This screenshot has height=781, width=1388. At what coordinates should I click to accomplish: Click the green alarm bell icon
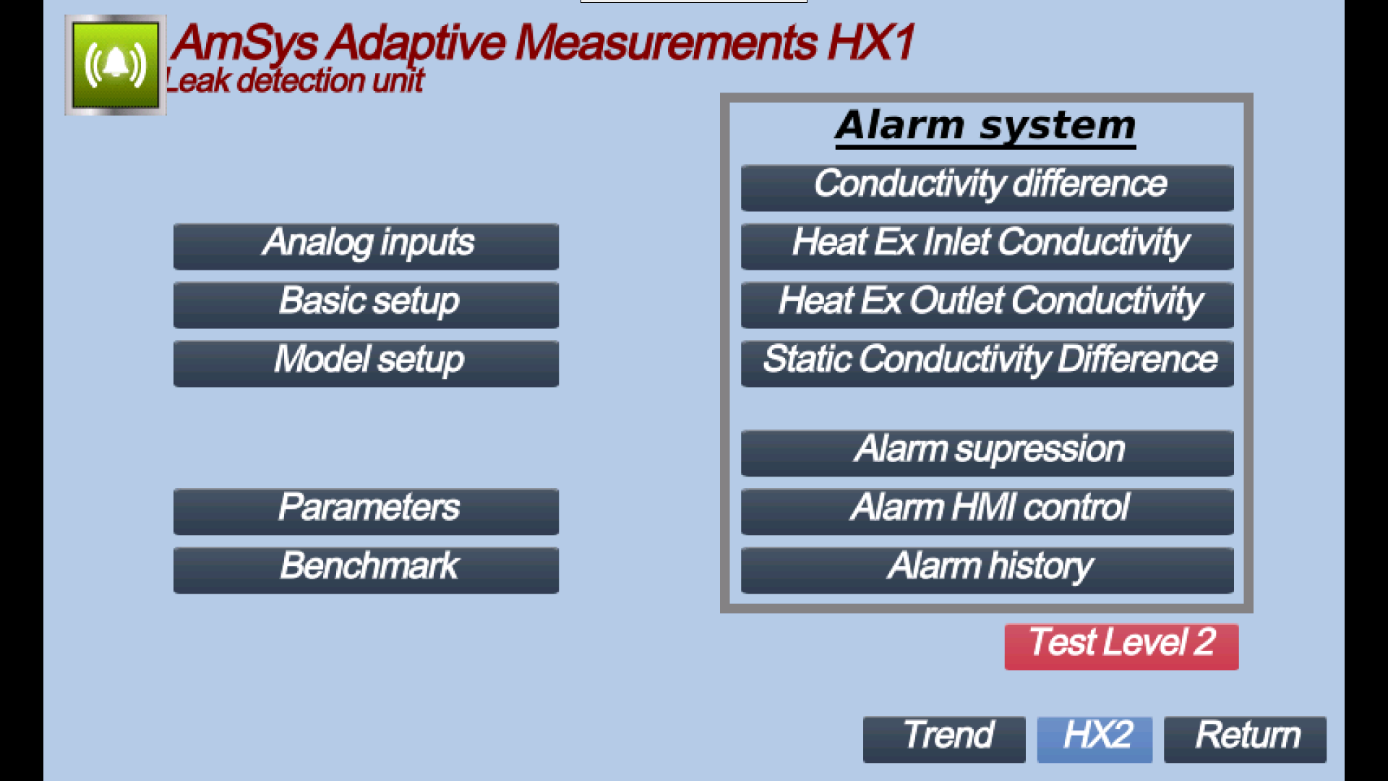click(116, 65)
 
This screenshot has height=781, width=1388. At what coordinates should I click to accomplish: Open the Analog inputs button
click(366, 246)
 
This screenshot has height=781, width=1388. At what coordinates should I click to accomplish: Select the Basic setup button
click(366, 304)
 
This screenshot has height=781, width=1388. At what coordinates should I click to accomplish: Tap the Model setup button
click(366, 363)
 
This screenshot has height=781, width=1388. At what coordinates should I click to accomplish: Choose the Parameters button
click(366, 511)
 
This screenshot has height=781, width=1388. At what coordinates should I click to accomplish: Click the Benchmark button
click(366, 570)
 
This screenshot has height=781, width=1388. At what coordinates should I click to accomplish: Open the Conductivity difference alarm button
click(988, 187)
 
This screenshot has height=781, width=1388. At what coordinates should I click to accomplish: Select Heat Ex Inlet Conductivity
click(988, 246)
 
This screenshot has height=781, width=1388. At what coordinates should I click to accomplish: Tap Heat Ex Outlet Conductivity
click(988, 304)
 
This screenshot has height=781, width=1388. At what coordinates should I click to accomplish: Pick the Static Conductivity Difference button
click(988, 363)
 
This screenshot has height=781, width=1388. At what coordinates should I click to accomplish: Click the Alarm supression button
click(988, 453)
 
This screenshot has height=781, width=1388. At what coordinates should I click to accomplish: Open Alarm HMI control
click(988, 511)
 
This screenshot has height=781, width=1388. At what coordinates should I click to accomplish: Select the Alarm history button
click(988, 570)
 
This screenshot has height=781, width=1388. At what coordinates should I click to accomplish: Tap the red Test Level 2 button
click(1121, 646)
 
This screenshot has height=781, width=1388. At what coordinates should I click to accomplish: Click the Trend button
click(944, 739)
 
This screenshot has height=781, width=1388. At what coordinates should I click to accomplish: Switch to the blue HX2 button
click(1094, 739)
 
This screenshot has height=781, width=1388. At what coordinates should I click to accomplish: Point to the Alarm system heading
click(985, 127)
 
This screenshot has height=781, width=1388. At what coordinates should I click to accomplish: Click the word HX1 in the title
click(872, 42)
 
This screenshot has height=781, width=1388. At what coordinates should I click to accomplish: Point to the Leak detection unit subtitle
click(294, 80)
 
